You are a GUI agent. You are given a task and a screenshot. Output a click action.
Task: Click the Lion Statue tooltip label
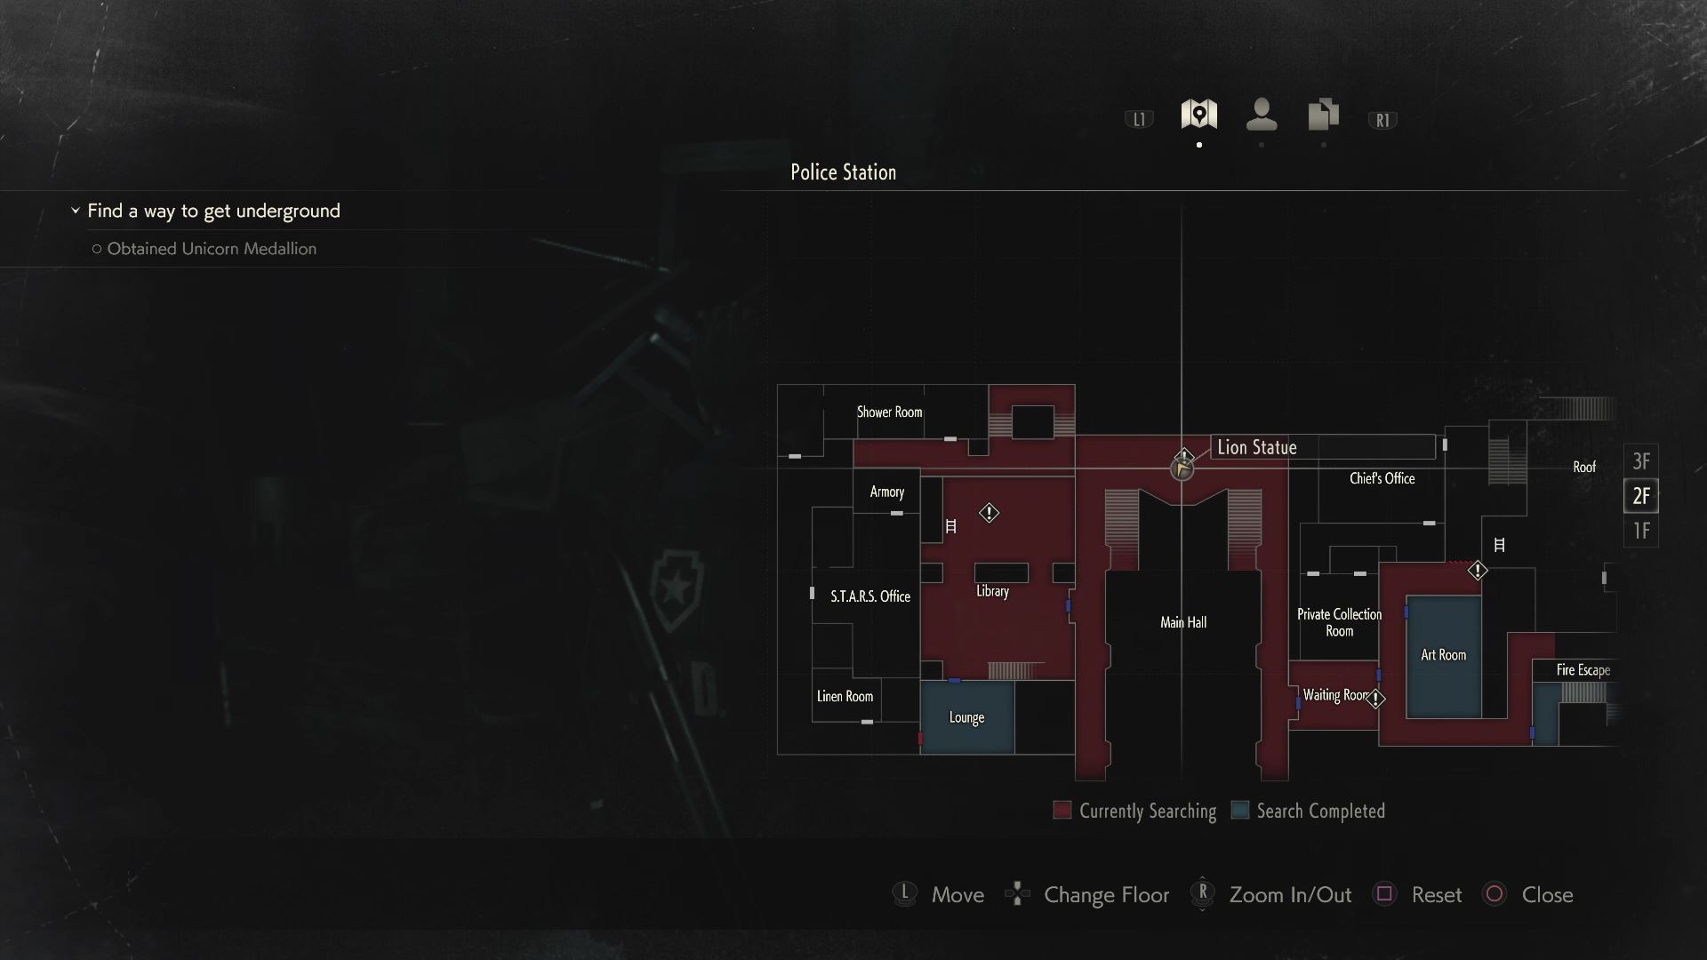[x=1256, y=447]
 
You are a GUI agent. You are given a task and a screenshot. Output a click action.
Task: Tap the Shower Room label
[x=889, y=412]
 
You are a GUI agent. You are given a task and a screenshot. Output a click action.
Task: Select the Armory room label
[x=886, y=492]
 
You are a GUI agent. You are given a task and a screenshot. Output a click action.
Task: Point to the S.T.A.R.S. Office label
[x=870, y=596]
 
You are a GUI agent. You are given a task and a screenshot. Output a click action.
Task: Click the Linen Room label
[x=845, y=696]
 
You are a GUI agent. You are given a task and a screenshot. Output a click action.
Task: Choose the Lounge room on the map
[x=966, y=717]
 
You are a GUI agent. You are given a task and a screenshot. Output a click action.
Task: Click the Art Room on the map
[x=1443, y=655]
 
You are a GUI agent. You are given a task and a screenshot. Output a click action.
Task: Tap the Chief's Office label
[x=1382, y=478]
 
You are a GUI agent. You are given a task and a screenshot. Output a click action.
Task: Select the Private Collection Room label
[x=1339, y=622]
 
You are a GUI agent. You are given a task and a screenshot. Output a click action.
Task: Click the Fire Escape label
[x=1583, y=670]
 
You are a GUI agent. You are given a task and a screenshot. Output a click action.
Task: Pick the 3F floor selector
[x=1640, y=461]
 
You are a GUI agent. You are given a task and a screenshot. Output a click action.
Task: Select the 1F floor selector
[x=1640, y=531]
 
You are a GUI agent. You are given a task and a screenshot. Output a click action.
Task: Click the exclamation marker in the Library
[x=989, y=513]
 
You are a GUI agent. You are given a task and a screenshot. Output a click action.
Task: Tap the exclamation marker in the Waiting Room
[x=1375, y=700]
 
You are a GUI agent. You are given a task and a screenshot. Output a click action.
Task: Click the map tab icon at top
[x=1198, y=115]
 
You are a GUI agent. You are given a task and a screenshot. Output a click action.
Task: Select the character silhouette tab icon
[x=1262, y=115]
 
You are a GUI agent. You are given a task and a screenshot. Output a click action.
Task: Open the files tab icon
[x=1323, y=115]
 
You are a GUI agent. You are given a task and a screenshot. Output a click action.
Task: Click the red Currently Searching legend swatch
[x=1062, y=810]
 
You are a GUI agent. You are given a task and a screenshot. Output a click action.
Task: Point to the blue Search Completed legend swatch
[x=1239, y=810]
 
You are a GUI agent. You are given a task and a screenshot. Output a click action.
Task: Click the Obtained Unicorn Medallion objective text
[x=212, y=249]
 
